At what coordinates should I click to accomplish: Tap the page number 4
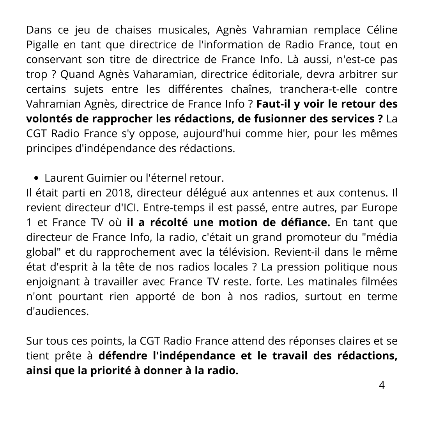tap(382, 385)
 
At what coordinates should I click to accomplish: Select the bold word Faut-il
tap(273, 104)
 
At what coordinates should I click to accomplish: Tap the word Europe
tap(378, 207)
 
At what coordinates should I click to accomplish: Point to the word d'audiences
tap(57, 311)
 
